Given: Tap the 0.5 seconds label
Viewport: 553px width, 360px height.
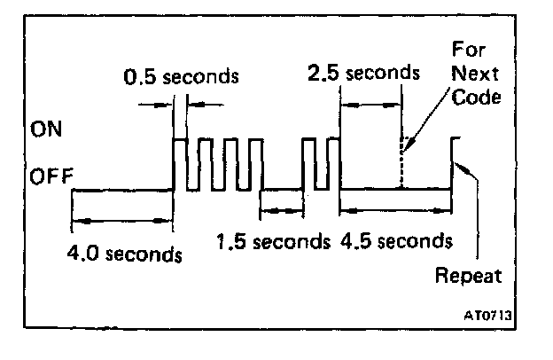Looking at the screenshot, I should click(181, 75).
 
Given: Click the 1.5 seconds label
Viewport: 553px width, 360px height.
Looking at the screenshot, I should click(270, 241).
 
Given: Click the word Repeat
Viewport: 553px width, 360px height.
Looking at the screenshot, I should click(468, 275).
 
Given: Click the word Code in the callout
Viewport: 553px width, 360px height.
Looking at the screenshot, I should click(475, 98).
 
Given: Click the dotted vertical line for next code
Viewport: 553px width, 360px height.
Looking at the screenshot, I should click(401, 168).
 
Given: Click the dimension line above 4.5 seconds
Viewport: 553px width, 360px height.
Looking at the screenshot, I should click(395, 210).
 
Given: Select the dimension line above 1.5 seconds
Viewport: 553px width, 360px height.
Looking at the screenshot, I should click(281, 210).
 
